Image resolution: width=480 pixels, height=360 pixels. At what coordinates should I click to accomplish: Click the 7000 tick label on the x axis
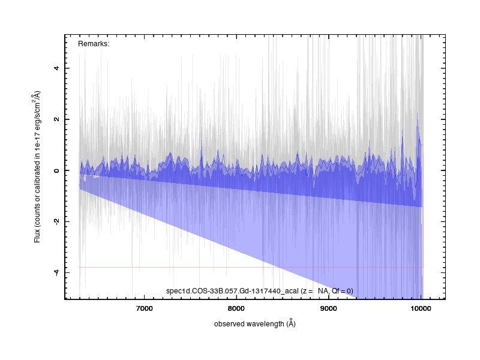[x=144, y=308]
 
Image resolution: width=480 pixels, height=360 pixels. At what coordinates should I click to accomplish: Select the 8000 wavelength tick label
[x=236, y=308]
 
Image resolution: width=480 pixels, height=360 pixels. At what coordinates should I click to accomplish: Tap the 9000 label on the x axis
[x=328, y=308]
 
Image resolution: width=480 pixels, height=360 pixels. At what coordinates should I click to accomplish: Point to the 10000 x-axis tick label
[x=421, y=308]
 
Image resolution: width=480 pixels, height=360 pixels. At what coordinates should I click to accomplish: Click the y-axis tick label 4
[x=56, y=68]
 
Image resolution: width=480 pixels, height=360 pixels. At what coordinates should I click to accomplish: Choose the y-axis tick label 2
[x=56, y=119]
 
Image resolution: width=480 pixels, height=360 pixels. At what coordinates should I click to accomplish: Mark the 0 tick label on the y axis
[x=56, y=170]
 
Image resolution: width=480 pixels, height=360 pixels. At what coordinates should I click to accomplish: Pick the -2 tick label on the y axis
[x=56, y=221]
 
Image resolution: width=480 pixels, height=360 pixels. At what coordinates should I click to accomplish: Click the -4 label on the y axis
[x=56, y=272]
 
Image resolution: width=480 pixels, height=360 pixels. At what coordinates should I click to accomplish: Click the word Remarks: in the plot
[x=94, y=44]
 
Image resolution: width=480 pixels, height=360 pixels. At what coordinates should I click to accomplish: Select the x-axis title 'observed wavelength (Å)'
[x=254, y=323]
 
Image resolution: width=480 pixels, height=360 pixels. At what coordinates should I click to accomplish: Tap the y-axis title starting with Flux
[x=37, y=167]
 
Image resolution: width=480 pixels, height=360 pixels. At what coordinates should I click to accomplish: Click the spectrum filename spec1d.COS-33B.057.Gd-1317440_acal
[x=232, y=291]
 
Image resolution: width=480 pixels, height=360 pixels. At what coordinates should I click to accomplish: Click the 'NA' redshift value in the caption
[x=323, y=291]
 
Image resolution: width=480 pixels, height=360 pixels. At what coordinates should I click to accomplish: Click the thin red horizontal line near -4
[x=251, y=267]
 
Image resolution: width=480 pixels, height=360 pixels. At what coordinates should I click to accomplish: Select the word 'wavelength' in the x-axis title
[x=265, y=324]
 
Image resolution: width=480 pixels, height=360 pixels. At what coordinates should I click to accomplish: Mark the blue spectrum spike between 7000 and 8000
[x=202, y=147]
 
